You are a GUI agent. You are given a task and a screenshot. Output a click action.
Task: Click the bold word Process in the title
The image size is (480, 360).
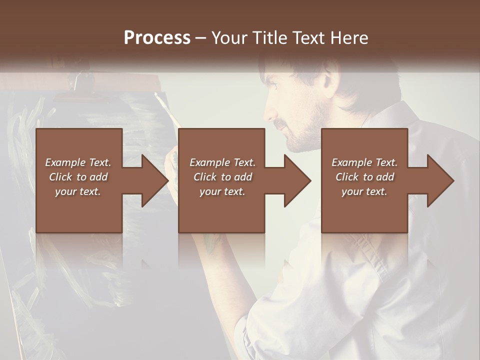[157, 37]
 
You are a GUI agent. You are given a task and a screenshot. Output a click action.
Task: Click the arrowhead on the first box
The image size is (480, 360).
[156, 180]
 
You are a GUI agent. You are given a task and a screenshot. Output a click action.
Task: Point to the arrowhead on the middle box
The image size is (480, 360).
[298, 180]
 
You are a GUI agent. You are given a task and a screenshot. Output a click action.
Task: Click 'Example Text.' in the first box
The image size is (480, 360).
[78, 162]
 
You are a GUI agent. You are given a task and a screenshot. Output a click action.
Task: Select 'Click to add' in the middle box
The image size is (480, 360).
[222, 177]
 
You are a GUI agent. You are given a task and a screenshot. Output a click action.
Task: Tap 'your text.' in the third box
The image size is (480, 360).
[364, 191]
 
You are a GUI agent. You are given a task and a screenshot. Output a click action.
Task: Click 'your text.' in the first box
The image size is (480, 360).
[78, 191]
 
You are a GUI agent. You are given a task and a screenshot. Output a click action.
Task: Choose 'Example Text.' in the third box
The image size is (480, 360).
[364, 162]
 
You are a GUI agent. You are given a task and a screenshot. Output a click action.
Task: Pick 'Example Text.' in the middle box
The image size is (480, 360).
[222, 162]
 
